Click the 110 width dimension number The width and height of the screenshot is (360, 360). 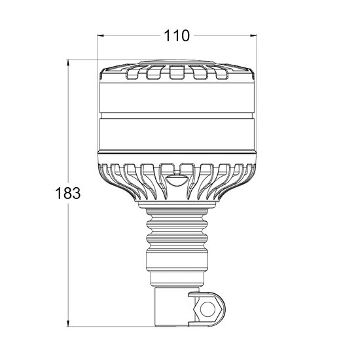pos(177,36)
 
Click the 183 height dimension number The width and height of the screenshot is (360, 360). pos(68,193)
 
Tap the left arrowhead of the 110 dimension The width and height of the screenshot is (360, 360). pos(101,35)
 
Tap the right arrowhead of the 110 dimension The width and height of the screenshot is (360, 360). pos(253,35)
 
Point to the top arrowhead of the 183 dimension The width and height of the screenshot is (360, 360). pos(68,63)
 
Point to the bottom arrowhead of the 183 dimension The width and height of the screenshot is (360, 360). pos(68,323)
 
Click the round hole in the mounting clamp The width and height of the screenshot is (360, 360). pos(207,309)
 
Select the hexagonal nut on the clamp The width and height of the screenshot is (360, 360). pos(207,309)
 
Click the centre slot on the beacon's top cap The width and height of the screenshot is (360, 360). pos(177,72)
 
